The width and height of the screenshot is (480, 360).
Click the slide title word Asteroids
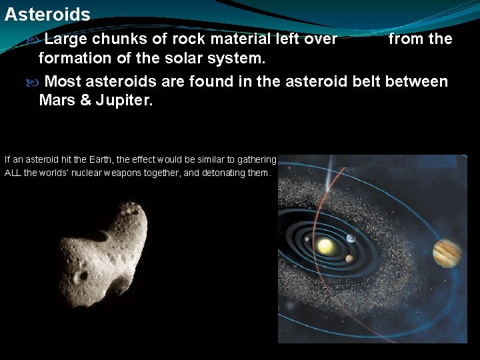(47, 14)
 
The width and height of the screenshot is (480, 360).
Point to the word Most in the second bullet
(65, 82)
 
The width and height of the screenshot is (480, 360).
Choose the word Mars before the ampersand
(59, 101)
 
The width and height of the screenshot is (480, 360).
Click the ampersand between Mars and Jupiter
(90, 101)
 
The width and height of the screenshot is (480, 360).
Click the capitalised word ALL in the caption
(13, 173)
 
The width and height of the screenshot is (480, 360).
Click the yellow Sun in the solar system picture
(325, 247)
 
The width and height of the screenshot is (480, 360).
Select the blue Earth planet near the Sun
(351, 238)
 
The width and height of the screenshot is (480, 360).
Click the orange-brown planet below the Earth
(349, 259)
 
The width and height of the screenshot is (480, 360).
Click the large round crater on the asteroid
(81, 275)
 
